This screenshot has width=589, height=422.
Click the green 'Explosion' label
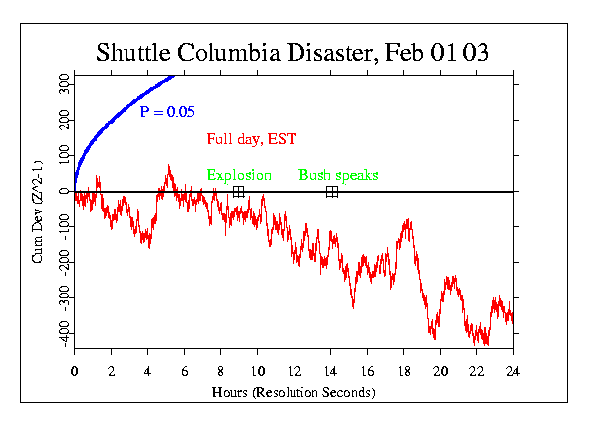238,175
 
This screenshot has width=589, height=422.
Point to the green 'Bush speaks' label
338,175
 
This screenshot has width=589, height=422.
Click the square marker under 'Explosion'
238,192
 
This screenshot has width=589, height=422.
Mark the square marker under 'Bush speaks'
332,192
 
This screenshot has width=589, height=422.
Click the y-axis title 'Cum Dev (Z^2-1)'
36,210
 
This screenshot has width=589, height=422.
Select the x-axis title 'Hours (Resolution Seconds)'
294,392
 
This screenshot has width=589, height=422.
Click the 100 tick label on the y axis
62,156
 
